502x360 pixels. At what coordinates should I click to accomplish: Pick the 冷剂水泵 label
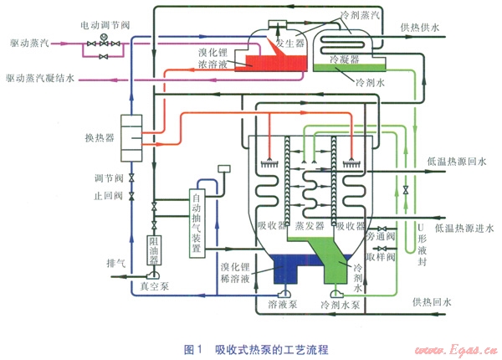pyautogui.click(x=337, y=306)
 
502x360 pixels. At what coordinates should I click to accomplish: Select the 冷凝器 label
pyautogui.click(x=346, y=60)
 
